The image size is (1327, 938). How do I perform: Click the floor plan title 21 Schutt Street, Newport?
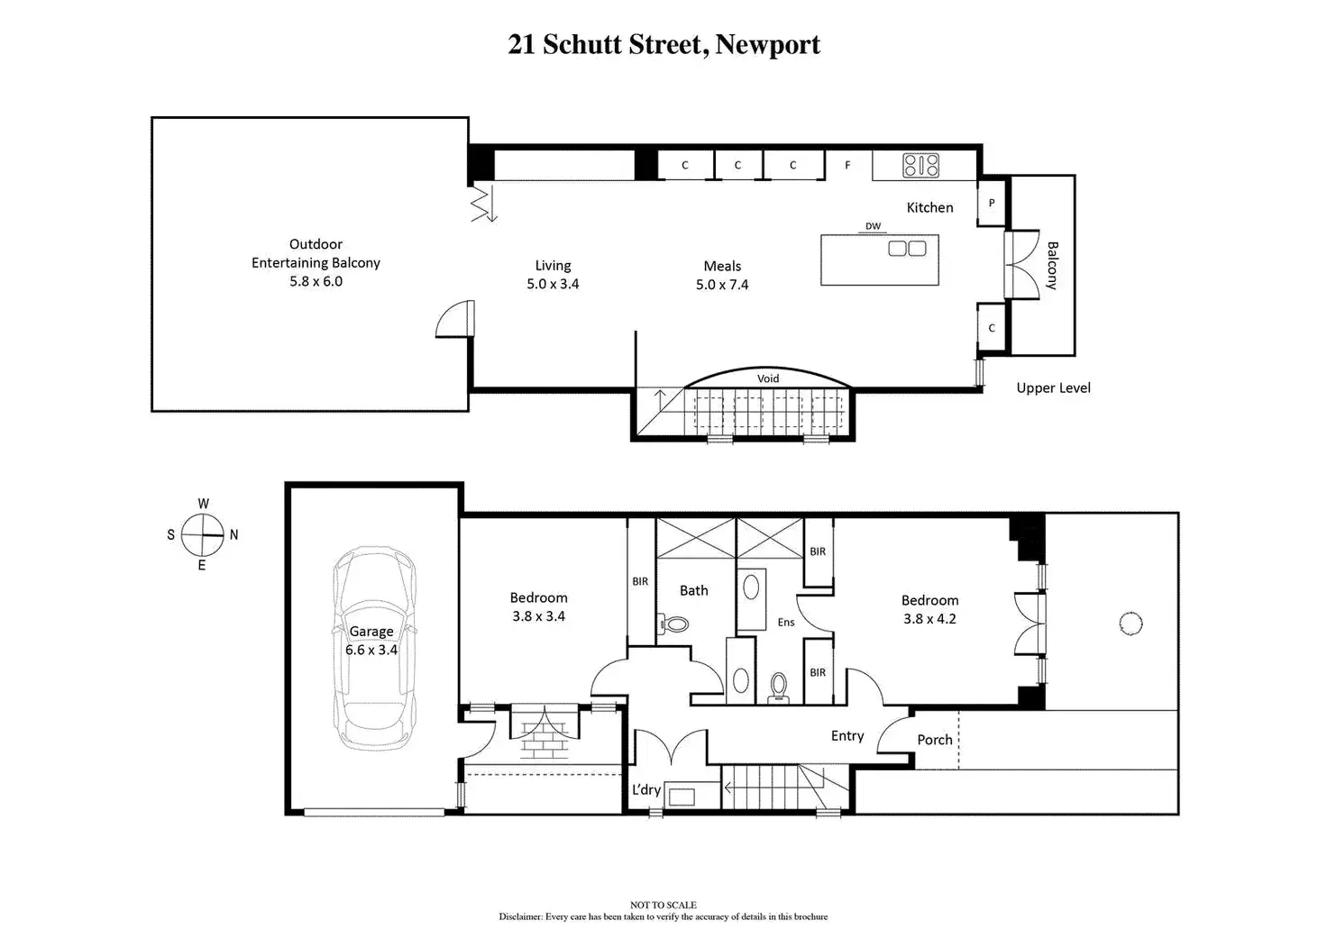pyautogui.click(x=663, y=44)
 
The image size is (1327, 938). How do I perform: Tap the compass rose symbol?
pyautogui.click(x=203, y=534)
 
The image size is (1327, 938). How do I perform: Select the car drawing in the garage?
pyautogui.click(x=374, y=649)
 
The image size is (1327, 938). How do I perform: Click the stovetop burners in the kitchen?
pyautogui.click(x=920, y=165)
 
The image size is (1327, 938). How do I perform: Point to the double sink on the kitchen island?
pyautogui.click(x=907, y=248)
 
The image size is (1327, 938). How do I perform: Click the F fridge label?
pyautogui.click(x=847, y=165)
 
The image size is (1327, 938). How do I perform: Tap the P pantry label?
pyautogui.click(x=991, y=203)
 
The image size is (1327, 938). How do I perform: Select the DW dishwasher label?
pyautogui.click(x=874, y=226)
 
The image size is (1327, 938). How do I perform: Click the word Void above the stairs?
pyautogui.click(x=768, y=378)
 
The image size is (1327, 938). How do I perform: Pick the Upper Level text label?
pyautogui.click(x=1053, y=387)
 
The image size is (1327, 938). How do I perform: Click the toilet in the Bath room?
pyautogui.click(x=673, y=624)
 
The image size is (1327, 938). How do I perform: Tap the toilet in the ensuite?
pyautogui.click(x=778, y=688)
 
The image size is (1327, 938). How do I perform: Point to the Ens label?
pyautogui.click(x=785, y=623)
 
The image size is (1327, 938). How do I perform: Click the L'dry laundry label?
pyautogui.click(x=645, y=789)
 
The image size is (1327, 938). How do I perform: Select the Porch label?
pyautogui.click(x=935, y=740)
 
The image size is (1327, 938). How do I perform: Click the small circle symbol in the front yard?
pyautogui.click(x=1130, y=624)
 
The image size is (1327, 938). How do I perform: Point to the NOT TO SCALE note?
pyautogui.click(x=663, y=905)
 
